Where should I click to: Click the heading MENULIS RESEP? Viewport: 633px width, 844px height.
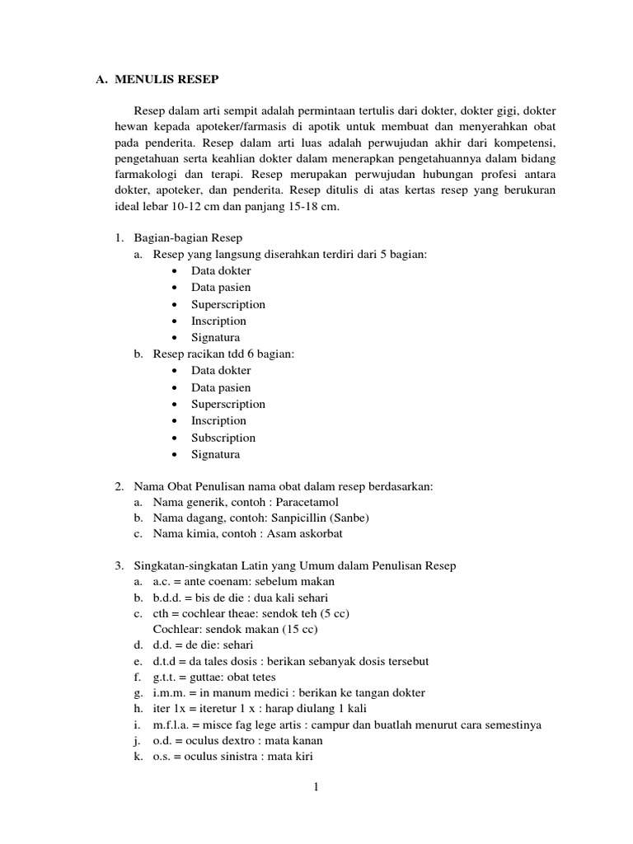(167, 80)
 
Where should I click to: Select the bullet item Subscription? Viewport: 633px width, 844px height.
(223, 438)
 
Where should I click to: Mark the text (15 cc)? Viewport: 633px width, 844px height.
(299, 629)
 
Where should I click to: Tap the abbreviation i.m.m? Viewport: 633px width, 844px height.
(169, 692)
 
